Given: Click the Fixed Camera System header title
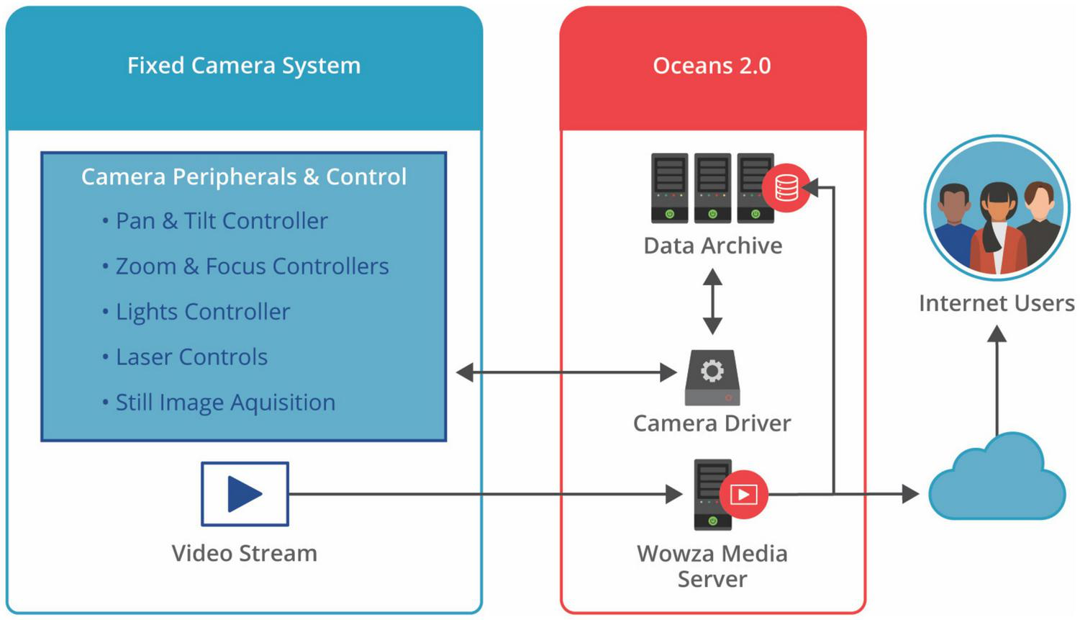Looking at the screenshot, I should click(x=244, y=66).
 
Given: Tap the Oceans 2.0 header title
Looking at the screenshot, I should click(x=712, y=66).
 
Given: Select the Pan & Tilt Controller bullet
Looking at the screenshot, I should click(x=222, y=220).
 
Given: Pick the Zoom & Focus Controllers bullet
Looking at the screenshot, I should click(x=252, y=266).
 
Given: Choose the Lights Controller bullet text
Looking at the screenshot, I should click(x=203, y=312).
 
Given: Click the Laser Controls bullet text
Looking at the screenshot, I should click(x=191, y=357).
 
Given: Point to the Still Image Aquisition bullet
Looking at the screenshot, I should click(x=225, y=403).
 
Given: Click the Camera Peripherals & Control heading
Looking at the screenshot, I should click(x=244, y=176).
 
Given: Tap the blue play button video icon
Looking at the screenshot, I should click(x=245, y=494).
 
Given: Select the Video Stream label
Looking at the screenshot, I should click(x=244, y=553).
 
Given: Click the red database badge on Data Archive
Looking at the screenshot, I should click(x=786, y=189).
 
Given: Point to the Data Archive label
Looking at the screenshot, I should click(x=712, y=246).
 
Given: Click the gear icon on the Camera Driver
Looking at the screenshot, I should click(x=712, y=372).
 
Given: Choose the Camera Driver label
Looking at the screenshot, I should click(x=712, y=423).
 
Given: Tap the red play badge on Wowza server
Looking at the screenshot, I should click(x=743, y=495).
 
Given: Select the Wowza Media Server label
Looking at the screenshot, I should click(x=712, y=566).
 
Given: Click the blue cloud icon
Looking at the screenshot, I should click(x=997, y=479).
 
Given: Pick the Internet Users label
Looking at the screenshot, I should click(x=997, y=303).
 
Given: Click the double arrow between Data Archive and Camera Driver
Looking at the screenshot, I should click(x=712, y=301).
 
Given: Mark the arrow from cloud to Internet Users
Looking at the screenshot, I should click(x=997, y=382).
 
